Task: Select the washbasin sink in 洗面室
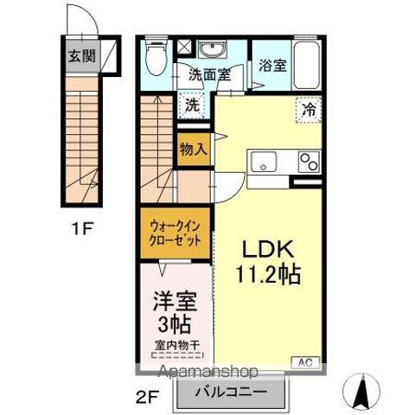click(209, 49)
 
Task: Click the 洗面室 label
click(210, 75)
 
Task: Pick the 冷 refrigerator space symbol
click(309, 110)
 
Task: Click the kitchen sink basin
click(262, 162)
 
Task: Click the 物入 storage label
click(193, 149)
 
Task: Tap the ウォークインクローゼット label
click(174, 232)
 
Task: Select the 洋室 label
click(176, 304)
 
